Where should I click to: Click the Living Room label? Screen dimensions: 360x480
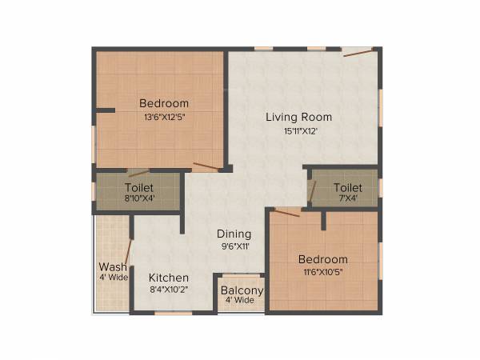click(x=298, y=117)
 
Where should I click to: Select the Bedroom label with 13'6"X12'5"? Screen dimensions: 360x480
click(x=164, y=103)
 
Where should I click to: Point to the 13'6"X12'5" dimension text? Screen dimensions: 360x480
click(x=164, y=117)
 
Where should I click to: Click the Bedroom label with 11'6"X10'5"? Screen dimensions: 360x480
click(x=322, y=259)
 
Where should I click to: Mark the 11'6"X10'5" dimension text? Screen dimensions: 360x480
click(x=322, y=273)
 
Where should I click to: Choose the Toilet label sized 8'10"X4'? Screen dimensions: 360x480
click(x=139, y=186)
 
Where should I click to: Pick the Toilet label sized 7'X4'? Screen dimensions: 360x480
click(x=348, y=186)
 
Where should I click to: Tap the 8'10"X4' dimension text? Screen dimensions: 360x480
click(x=139, y=198)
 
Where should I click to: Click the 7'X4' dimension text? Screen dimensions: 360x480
click(x=348, y=198)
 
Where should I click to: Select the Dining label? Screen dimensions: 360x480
click(x=234, y=234)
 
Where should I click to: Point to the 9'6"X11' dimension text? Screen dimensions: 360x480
click(x=234, y=246)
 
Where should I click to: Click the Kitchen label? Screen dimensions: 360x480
click(x=169, y=278)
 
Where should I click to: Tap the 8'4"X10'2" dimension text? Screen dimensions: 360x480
click(x=169, y=290)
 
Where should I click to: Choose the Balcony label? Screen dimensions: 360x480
click(x=242, y=290)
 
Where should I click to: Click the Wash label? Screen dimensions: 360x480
click(x=112, y=266)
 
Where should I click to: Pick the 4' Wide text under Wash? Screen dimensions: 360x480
click(x=112, y=278)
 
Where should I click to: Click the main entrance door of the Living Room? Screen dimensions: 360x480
click(x=357, y=53)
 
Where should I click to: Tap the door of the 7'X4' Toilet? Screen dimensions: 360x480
click(x=313, y=192)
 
